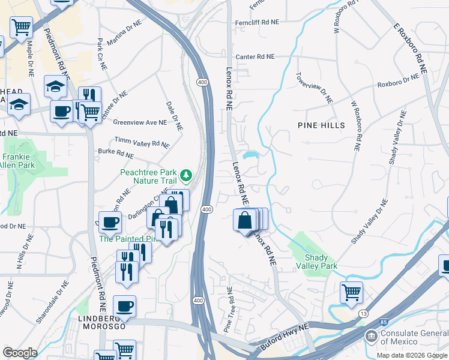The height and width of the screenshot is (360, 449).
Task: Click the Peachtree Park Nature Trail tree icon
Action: (x=187, y=175)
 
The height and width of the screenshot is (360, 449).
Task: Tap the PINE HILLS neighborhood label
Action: (x=322, y=125)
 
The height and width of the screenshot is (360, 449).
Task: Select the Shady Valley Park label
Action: (x=316, y=262)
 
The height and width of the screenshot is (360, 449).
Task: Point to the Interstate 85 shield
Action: (x=384, y=323)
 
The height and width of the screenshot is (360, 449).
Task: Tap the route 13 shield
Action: (x=363, y=313)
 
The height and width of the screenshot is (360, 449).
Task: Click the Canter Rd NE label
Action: (x=255, y=56)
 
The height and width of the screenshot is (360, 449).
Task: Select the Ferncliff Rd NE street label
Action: (x=258, y=22)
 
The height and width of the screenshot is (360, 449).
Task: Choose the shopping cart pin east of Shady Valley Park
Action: (x=351, y=293)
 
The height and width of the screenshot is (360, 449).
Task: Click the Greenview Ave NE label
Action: (x=140, y=122)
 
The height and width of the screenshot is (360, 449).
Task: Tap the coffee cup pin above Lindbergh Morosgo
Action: (x=124, y=306)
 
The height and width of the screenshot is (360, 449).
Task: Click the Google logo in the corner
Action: (x=20, y=352)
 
